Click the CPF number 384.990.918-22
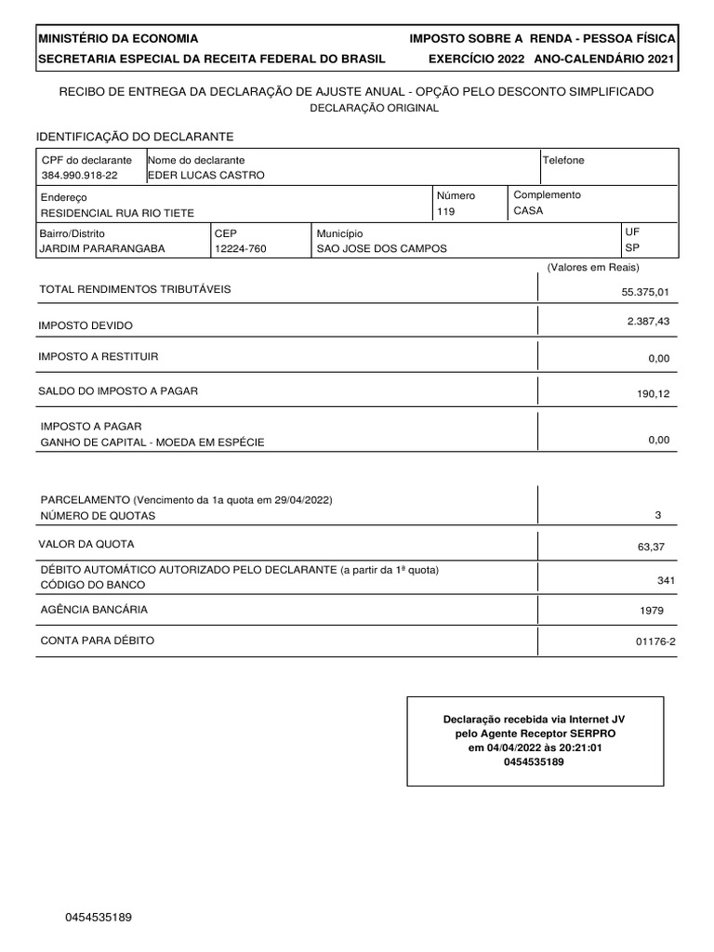(x=79, y=176)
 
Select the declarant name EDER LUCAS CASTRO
(x=206, y=176)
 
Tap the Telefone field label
(x=563, y=160)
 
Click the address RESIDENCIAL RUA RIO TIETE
(x=117, y=213)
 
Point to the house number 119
(x=446, y=212)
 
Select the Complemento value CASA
(x=528, y=211)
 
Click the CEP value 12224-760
(x=241, y=249)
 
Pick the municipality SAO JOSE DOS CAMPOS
(x=381, y=249)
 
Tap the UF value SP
(x=632, y=248)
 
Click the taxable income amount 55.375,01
(x=645, y=292)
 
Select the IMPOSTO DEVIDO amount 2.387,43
(x=648, y=321)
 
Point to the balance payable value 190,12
(x=653, y=394)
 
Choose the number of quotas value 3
(x=658, y=515)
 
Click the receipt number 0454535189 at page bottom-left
(x=99, y=918)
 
